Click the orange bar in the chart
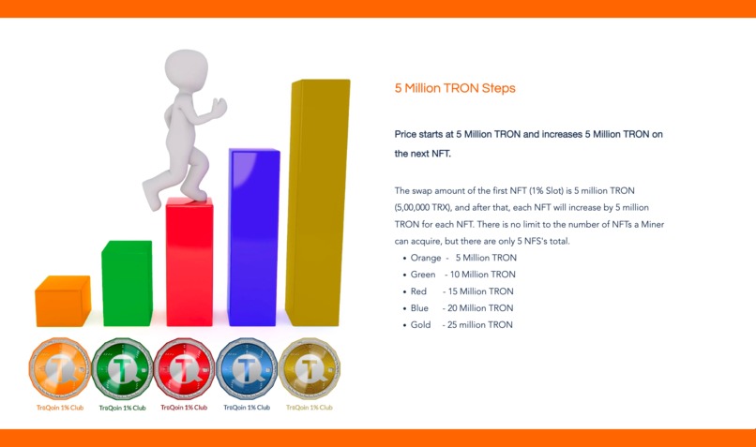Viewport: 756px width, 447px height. (x=62, y=302)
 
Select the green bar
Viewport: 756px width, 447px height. (x=126, y=283)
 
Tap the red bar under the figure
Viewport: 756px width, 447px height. (x=189, y=262)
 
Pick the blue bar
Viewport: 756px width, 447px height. (x=253, y=238)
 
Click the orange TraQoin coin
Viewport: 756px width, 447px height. (x=59, y=368)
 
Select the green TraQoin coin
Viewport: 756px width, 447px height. (x=122, y=368)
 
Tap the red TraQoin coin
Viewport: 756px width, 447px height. (x=184, y=368)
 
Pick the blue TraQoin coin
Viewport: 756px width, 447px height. (x=247, y=368)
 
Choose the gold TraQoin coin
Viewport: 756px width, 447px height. (x=310, y=368)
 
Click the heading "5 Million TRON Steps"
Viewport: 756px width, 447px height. (x=455, y=88)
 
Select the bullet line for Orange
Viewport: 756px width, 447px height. (x=463, y=258)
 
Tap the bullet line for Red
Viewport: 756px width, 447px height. (x=462, y=291)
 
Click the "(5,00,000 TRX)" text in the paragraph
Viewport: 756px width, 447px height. (x=427, y=207)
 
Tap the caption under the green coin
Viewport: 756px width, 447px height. (x=122, y=408)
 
